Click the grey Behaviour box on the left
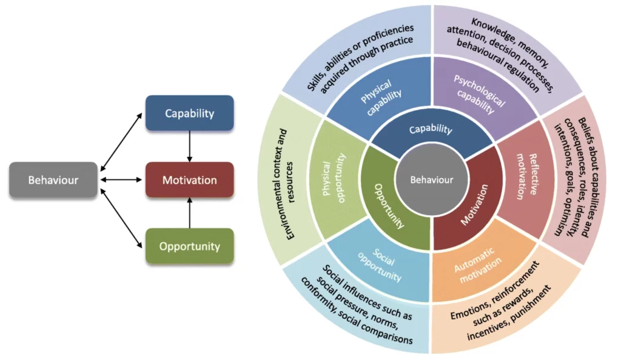(x=53, y=180)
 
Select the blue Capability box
(x=189, y=113)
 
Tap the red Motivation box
(x=189, y=180)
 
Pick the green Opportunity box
(x=189, y=246)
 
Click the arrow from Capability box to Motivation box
(x=189, y=147)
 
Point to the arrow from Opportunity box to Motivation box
(x=189, y=213)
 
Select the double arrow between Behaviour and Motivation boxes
(x=121, y=180)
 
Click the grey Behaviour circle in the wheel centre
(x=432, y=180)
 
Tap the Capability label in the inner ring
(x=431, y=129)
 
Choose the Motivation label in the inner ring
(x=475, y=205)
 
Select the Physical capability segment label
(x=380, y=98)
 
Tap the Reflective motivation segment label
(x=526, y=176)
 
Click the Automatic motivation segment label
(x=478, y=265)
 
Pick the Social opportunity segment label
(x=381, y=265)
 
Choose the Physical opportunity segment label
(x=334, y=178)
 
